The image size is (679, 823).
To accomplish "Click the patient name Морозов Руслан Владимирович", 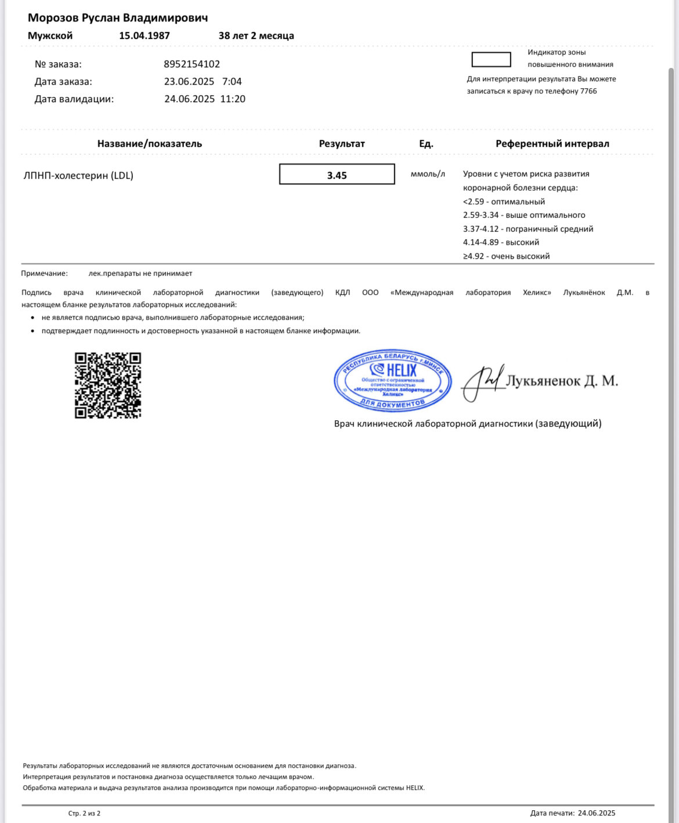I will (118, 18).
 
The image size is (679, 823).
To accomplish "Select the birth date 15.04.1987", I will (145, 35).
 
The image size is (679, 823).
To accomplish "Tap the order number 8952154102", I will (192, 64).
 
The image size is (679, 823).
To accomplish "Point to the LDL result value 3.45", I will (337, 175).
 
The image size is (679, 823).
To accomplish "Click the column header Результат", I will (342, 143).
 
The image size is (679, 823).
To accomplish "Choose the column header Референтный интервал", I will (552, 143).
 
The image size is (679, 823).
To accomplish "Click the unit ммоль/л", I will (428, 174).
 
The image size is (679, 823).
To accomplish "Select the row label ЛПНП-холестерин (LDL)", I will (78, 175).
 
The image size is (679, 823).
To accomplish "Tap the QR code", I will (108, 385).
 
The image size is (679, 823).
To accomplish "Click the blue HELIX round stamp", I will (393, 381).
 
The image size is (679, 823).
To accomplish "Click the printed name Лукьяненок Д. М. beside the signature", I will (561, 381).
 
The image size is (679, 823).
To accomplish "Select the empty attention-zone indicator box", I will (491, 59).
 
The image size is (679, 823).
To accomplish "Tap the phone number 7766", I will (588, 91).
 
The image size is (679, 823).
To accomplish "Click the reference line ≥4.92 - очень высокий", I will (506, 256).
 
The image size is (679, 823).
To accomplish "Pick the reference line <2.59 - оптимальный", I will (504, 201).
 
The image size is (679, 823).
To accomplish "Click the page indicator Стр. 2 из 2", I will (84, 813).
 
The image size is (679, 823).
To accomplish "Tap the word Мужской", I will (50, 35).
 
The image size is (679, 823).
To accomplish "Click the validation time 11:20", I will (233, 99).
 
